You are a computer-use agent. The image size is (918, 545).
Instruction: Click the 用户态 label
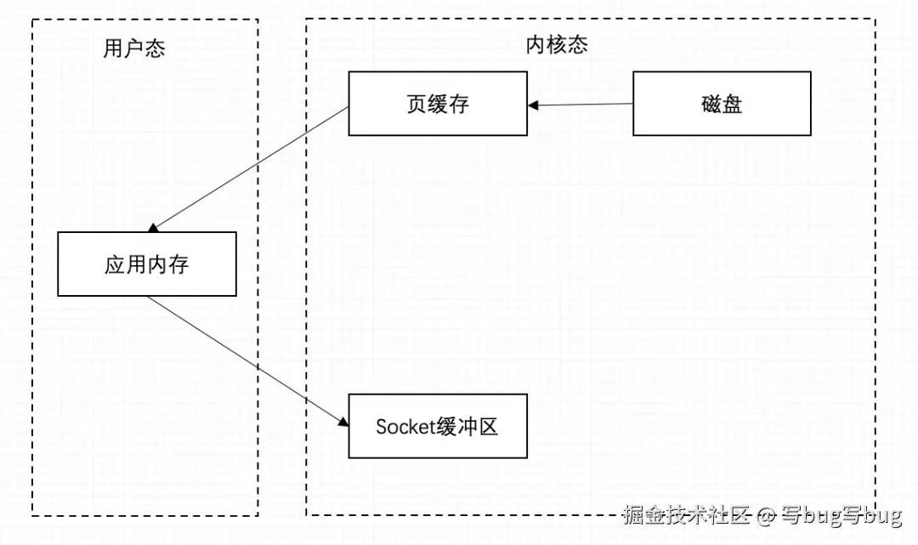click(x=133, y=48)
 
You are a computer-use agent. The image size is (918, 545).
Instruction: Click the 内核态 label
click(x=557, y=46)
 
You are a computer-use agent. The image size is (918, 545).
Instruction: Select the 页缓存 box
click(x=438, y=104)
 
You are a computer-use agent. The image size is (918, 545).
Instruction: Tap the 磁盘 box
click(x=722, y=104)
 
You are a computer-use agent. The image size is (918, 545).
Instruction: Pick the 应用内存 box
click(x=147, y=264)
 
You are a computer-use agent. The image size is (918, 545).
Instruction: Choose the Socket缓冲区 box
click(x=438, y=426)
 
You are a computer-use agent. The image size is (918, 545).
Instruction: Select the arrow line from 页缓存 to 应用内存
click(x=251, y=168)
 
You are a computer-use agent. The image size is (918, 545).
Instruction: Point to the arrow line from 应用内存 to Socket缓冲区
click(x=246, y=359)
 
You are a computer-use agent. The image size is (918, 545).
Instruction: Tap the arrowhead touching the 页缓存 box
click(x=533, y=105)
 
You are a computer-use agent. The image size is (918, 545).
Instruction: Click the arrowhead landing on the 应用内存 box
click(x=153, y=228)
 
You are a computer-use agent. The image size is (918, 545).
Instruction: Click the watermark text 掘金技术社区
click(x=687, y=514)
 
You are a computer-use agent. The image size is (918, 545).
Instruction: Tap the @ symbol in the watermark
click(x=766, y=515)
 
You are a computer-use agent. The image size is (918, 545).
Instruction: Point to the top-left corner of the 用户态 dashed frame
click(x=33, y=20)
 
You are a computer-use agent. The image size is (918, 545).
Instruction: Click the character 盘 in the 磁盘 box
click(x=733, y=104)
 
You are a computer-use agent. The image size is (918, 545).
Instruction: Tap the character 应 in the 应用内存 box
click(x=115, y=264)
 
